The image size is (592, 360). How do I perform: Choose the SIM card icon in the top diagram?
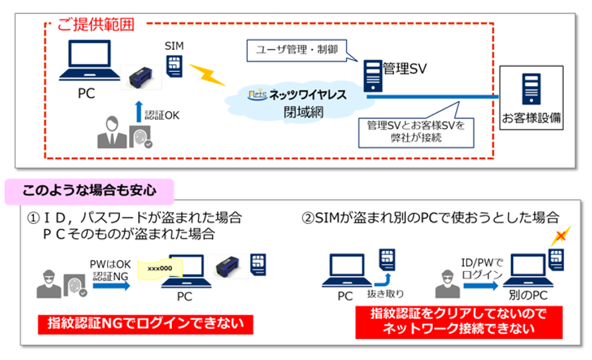173,66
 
